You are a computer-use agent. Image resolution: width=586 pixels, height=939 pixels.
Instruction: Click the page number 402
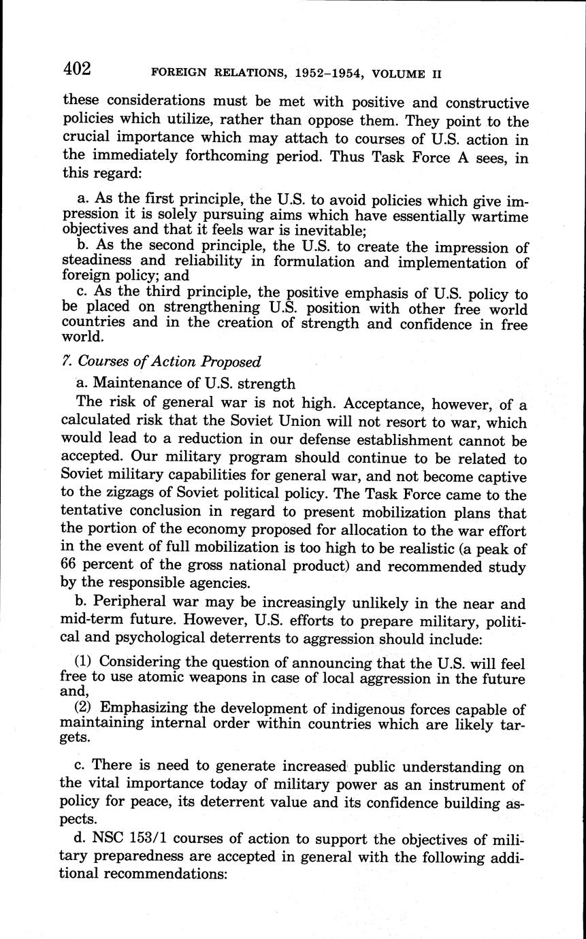click(x=77, y=68)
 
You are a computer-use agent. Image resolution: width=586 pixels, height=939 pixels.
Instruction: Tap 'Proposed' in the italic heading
click(x=229, y=362)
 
